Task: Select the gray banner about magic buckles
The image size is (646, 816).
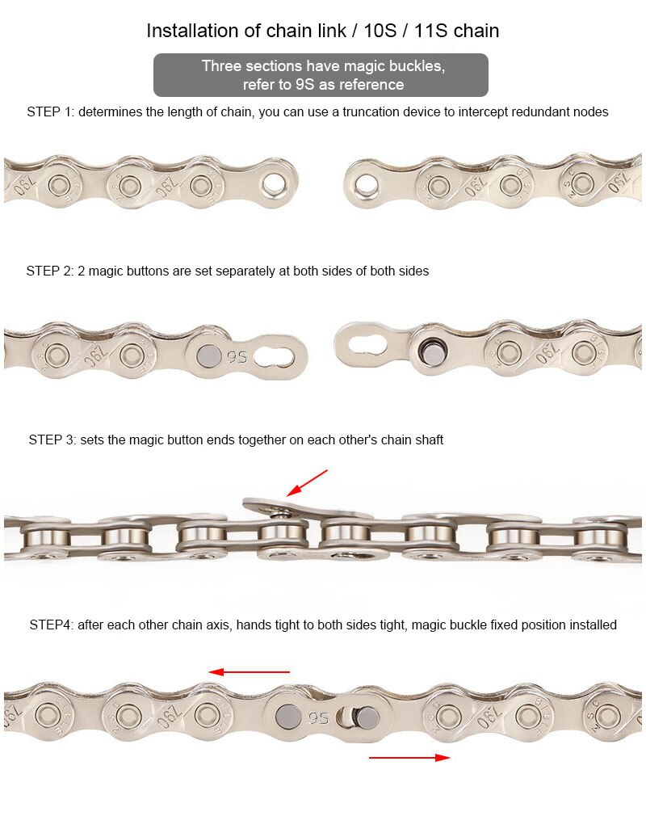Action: [x=321, y=75]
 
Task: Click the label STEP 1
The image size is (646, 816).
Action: [x=50, y=112]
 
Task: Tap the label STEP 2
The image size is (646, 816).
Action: [x=49, y=271]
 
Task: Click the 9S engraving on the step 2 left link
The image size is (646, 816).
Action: [x=237, y=355]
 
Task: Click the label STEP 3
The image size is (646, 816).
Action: [x=52, y=440]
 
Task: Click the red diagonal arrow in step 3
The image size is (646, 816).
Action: [x=308, y=482]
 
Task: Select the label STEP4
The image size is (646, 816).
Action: [x=51, y=625]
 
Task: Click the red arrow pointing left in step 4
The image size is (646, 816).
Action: [x=249, y=671]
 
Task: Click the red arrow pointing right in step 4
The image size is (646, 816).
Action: [x=409, y=757]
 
